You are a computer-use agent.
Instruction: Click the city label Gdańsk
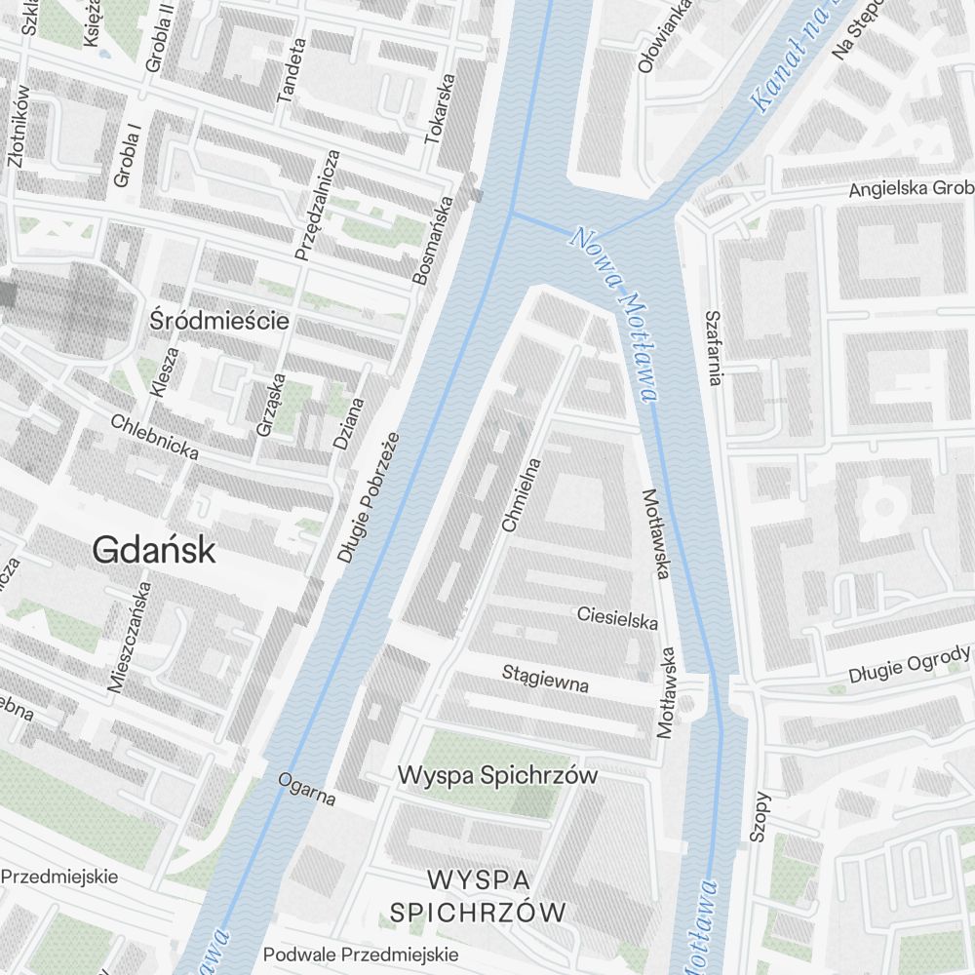[x=154, y=551]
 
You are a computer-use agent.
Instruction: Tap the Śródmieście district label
[x=220, y=320]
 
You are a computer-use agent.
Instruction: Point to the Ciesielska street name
[x=617, y=617]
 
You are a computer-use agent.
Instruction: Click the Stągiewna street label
[x=545, y=679]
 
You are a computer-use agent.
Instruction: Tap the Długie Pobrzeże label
[x=369, y=497]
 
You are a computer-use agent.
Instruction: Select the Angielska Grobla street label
[x=911, y=188]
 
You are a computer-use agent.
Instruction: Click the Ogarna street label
[x=306, y=790]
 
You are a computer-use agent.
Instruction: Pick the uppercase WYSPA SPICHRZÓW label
[x=478, y=896]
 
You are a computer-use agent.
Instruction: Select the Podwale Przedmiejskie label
[x=361, y=954]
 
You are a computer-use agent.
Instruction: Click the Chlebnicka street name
[x=155, y=438]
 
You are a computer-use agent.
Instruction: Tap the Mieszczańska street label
[x=131, y=637]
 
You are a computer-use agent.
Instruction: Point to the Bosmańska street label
[x=434, y=241]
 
